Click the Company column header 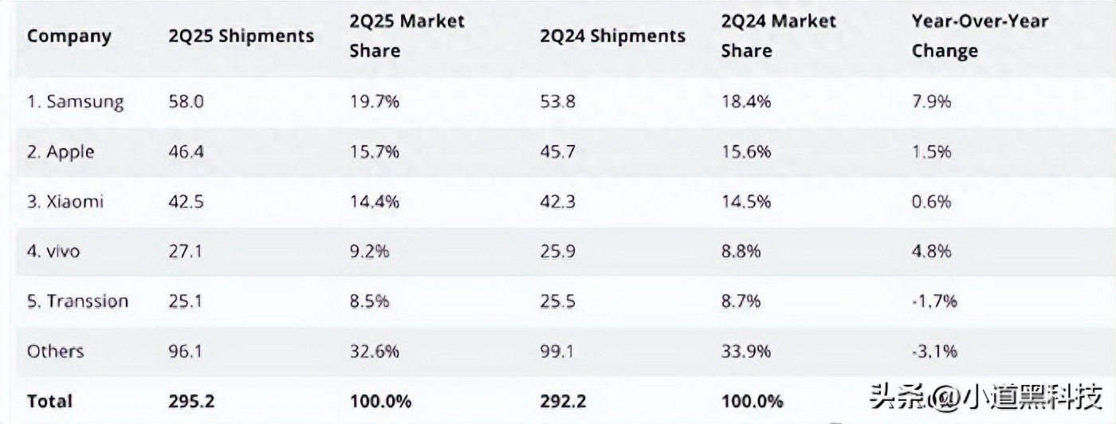pyautogui.click(x=69, y=37)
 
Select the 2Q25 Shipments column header pyautogui.click(x=241, y=37)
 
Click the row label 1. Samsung pyautogui.click(x=76, y=102)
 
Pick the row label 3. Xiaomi pyautogui.click(x=65, y=202)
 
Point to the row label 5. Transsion pyautogui.click(x=77, y=301)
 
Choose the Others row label pyautogui.click(x=55, y=351)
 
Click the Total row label pyautogui.click(x=49, y=401)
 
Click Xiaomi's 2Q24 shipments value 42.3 pyautogui.click(x=556, y=202)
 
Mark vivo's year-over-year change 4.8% pyautogui.click(x=931, y=251)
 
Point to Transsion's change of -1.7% pyautogui.click(x=933, y=301)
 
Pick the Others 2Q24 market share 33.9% pyautogui.click(x=746, y=351)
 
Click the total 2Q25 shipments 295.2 pyautogui.click(x=191, y=401)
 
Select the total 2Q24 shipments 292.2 pyautogui.click(x=563, y=401)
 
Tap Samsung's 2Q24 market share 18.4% pyautogui.click(x=746, y=102)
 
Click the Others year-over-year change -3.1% pyautogui.click(x=933, y=351)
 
